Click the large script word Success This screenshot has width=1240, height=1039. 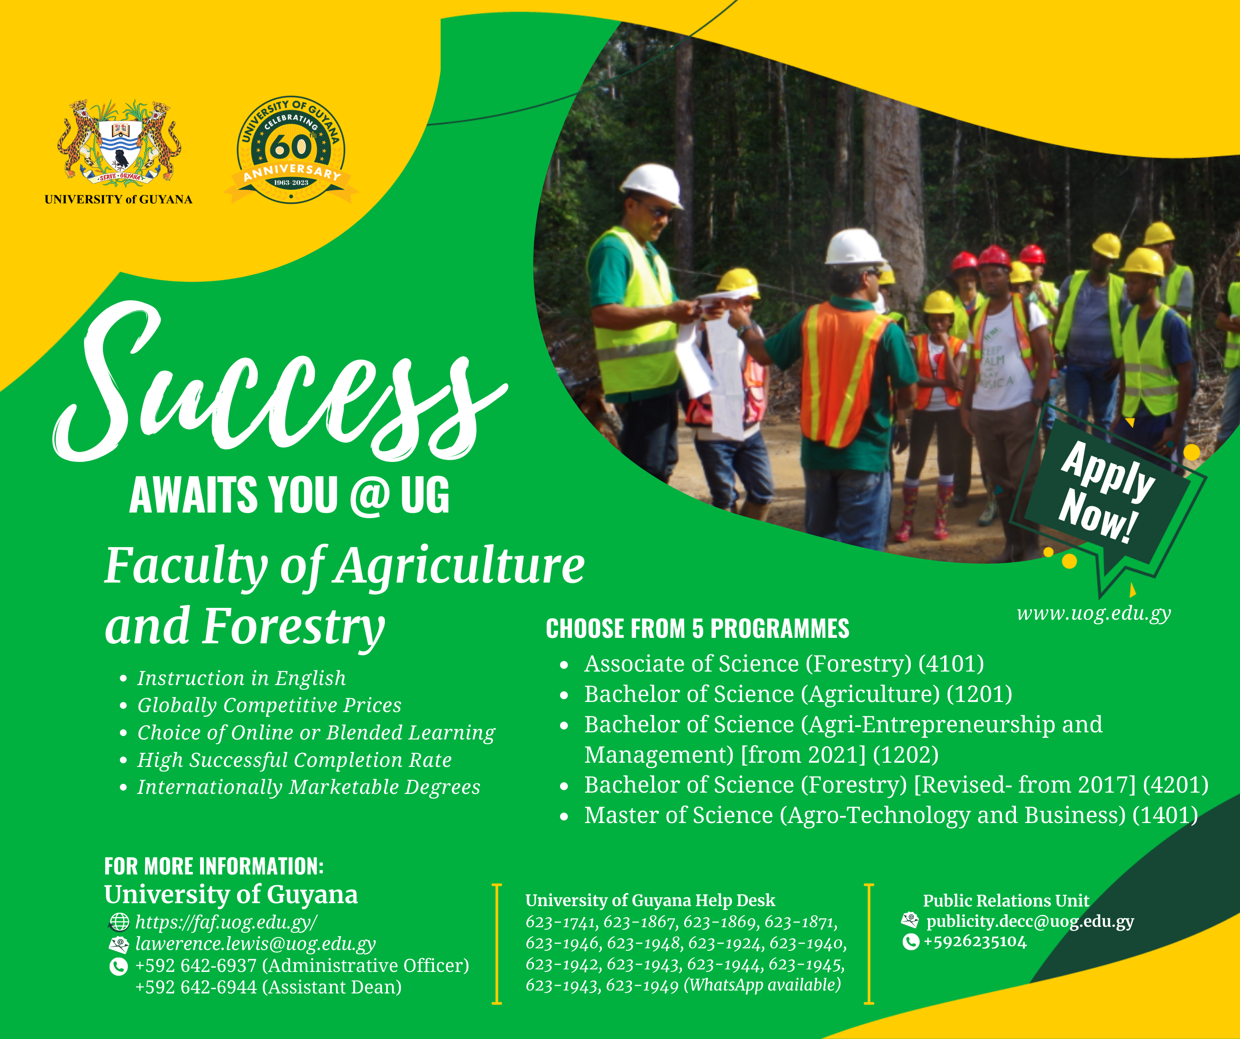278,384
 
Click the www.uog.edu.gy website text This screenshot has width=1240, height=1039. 1094,614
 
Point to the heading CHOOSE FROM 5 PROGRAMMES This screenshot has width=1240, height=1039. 697,629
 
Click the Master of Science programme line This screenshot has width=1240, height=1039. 891,815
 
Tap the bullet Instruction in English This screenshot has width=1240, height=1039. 241,678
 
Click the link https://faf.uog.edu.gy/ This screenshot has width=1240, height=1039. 226,922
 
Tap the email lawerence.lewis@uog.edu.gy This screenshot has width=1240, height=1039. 255,944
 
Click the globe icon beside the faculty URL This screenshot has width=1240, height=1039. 119,922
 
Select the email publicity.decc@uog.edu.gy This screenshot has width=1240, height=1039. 1030,922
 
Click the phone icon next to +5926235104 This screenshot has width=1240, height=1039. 911,942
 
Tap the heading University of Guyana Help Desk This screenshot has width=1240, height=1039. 650,900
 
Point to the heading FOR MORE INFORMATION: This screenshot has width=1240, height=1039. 214,866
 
